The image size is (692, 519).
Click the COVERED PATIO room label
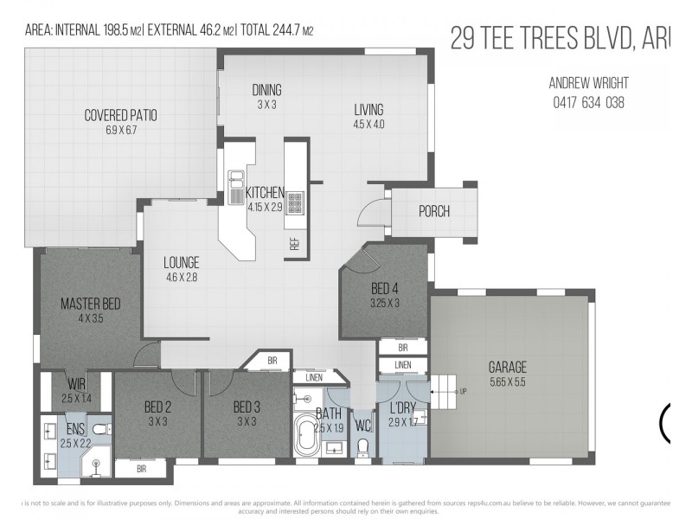coord(120,114)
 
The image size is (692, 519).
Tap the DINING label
coord(266,90)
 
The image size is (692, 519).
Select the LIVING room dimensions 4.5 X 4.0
coord(368,124)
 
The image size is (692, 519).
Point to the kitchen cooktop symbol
coord(294,204)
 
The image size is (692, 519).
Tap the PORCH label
coord(433,211)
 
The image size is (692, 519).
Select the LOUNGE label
coord(182,263)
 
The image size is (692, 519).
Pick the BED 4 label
coord(385,289)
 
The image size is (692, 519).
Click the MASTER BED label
coord(90,304)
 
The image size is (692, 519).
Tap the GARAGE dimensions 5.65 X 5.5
coord(507,381)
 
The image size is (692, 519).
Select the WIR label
coord(75,384)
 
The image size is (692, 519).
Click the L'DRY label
coord(402,407)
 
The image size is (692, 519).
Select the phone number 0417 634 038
coord(588,102)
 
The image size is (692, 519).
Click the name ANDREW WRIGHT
coord(588,83)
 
